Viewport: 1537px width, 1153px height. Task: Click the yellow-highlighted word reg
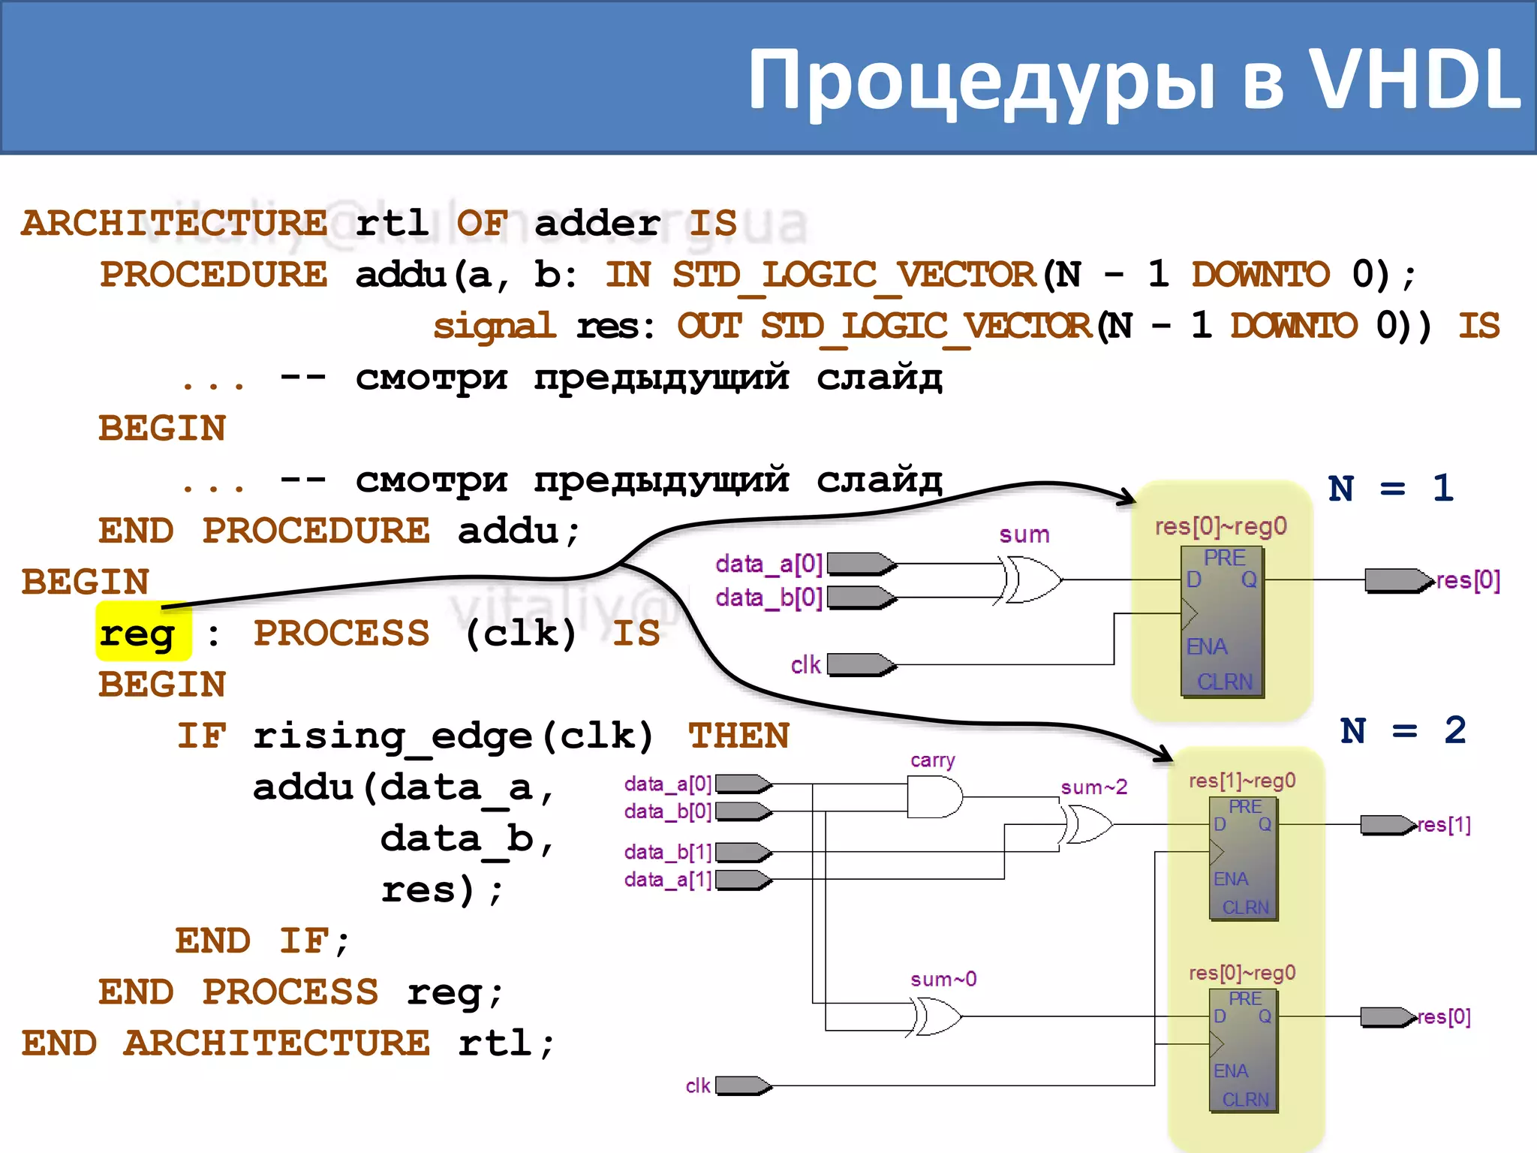pyautogui.click(x=138, y=633)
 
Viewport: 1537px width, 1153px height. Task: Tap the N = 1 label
pyautogui.click(x=1391, y=489)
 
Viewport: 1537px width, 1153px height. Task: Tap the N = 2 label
pyautogui.click(x=1403, y=730)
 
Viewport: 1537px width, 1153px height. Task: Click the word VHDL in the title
pyautogui.click(x=1415, y=79)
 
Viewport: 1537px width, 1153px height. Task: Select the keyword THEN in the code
pyautogui.click(x=738, y=736)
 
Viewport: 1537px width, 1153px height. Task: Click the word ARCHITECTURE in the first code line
pyautogui.click(x=174, y=223)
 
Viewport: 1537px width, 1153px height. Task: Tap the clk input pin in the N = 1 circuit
pyautogui.click(x=860, y=664)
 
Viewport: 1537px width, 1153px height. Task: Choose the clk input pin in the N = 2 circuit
pyautogui.click(x=743, y=1085)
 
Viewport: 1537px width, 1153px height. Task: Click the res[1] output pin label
pyautogui.click(x=1444, y=825)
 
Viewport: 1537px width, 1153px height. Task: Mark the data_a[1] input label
pyautogui.click(x=667, y=879)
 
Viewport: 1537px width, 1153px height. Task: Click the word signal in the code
pyautogui.click(x=495, y=326)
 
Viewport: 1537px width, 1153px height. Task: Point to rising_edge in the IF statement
pyautogui.click(x=393, y=736)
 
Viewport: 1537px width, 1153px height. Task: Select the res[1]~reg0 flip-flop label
pyautogui.click(x=1242, y=781)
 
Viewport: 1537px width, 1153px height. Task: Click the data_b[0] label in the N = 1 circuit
pyautogui.click(x=768, y=598)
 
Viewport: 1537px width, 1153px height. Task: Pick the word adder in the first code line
pyautogui.click(x=597, y=223)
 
